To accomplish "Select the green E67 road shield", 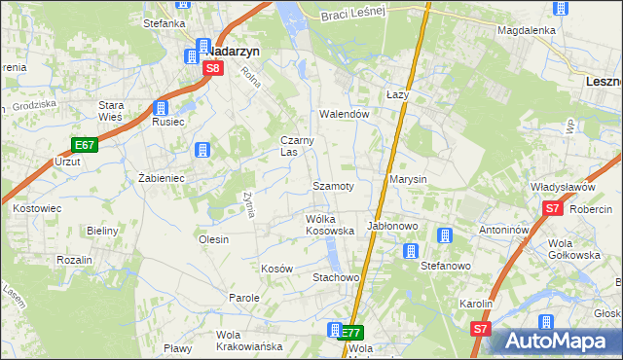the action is (85, 145).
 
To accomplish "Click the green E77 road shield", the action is (351, 333).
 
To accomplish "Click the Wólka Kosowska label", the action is (329, 225).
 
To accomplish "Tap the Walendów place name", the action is (345, 114).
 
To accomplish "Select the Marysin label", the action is (408, 181).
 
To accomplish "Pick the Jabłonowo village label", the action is (391, 226).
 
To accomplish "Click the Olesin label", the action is (213, 239).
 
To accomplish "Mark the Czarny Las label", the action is (297, 146).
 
